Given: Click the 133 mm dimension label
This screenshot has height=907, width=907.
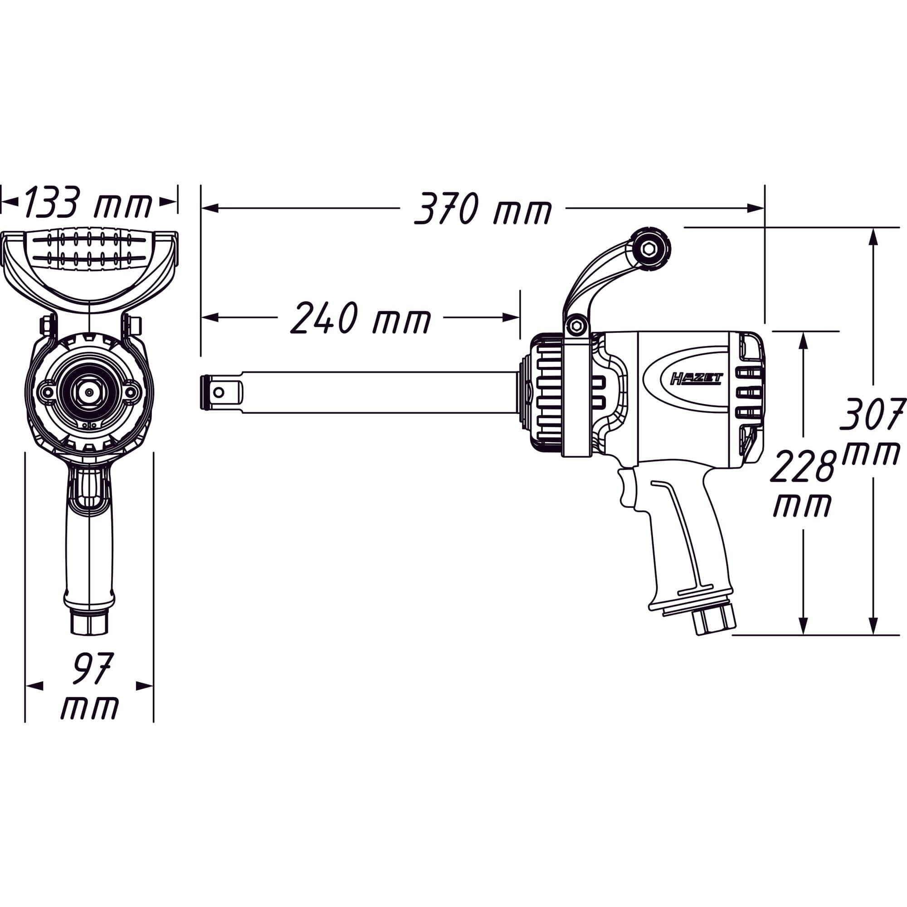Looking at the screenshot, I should pos(88,202).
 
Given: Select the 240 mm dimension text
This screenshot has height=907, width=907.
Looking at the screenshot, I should pos(361,318).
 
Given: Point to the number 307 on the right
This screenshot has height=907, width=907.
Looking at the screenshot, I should pos(873,414).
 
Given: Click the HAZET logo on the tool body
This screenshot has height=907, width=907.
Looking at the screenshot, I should pos(697,378).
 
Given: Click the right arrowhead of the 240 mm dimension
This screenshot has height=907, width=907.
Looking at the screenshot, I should pos(511,318).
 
